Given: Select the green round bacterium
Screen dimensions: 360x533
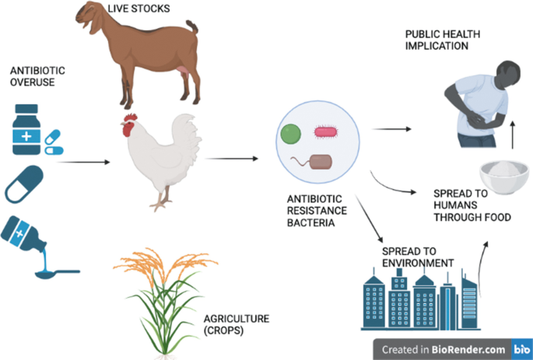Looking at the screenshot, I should (x=291, y=135).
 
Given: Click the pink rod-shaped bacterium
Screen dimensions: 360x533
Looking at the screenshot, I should (x=327, y=133).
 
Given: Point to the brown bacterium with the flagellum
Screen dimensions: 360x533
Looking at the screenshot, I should (x=321, y=162).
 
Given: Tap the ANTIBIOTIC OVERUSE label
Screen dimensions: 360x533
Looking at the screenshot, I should (x=32, y=75).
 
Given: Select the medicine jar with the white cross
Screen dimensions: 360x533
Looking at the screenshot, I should (x=26, y=128).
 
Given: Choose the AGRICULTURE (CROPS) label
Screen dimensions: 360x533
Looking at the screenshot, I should (x=237, y=324).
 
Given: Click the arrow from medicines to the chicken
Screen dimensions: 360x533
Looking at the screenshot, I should (x=82, y=163).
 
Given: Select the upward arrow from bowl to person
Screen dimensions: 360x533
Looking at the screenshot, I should (x=514, y=134).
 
